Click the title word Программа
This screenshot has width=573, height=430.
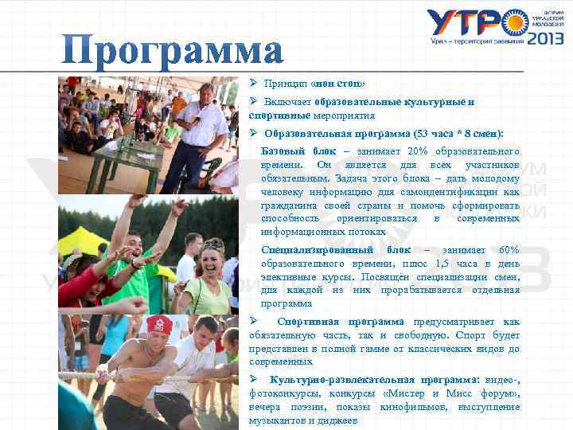[x=173, y=51]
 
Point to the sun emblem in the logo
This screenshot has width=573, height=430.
[x=516, y=21]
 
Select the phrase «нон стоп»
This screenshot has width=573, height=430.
[x=338, y=84]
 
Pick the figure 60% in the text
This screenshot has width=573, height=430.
[x=507, y=250]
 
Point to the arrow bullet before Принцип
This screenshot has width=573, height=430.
[x=252, y=83]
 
